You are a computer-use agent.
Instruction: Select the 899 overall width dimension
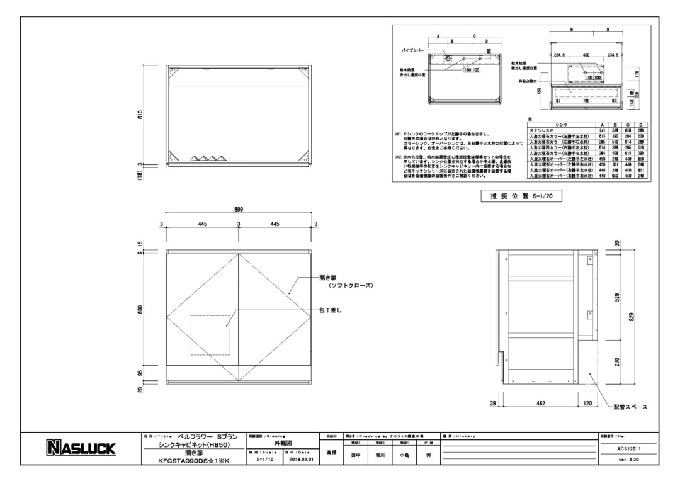point(239,210)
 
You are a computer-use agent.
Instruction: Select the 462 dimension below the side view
point(540,403)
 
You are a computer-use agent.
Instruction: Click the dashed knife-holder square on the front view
point(210,334)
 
